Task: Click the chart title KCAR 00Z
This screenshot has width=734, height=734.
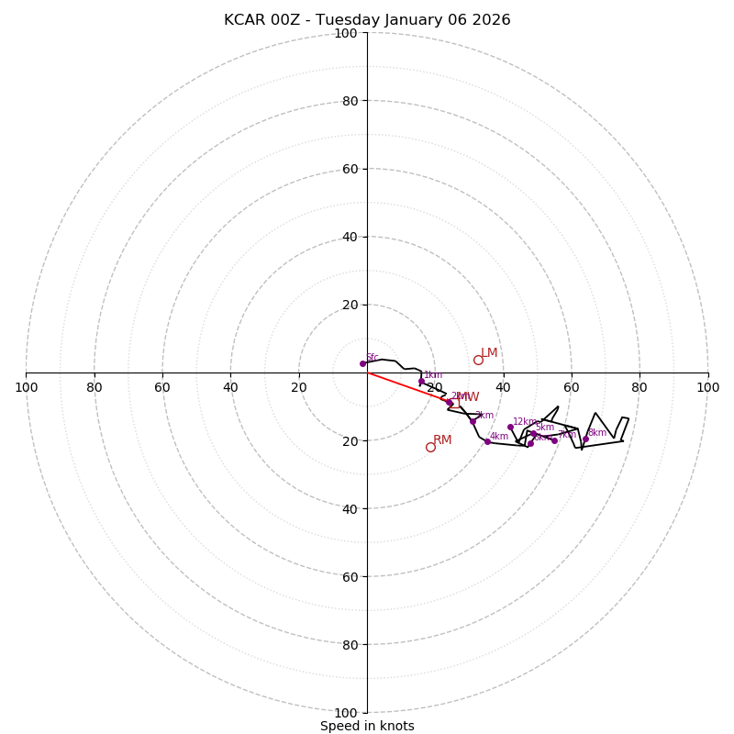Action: tap(367, 20)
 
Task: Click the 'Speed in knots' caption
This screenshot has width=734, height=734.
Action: tap(367, 726)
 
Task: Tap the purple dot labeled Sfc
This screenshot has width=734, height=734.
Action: tap(362, 363)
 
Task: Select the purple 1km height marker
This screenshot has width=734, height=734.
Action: tap(422, 381)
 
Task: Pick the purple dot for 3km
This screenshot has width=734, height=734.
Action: tap(473, 421)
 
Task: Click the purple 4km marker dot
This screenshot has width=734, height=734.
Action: tap(487, 441)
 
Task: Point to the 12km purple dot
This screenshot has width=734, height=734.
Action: tap(510, 427)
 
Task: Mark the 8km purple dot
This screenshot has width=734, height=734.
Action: tap(585, 439)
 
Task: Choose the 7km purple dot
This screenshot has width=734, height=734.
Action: tap(554, 440)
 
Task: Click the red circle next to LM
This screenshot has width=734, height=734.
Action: tap(478, 360)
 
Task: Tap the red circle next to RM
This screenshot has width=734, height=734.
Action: tap(430, 447)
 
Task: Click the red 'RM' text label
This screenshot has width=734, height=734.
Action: tap(442, 440)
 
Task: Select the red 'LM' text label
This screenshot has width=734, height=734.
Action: tap(489, 353)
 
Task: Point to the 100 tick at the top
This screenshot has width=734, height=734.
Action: tap(346, 33)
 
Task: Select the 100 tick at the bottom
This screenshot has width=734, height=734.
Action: tap(346, 713)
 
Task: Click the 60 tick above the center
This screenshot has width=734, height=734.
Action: tap(350, 169)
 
